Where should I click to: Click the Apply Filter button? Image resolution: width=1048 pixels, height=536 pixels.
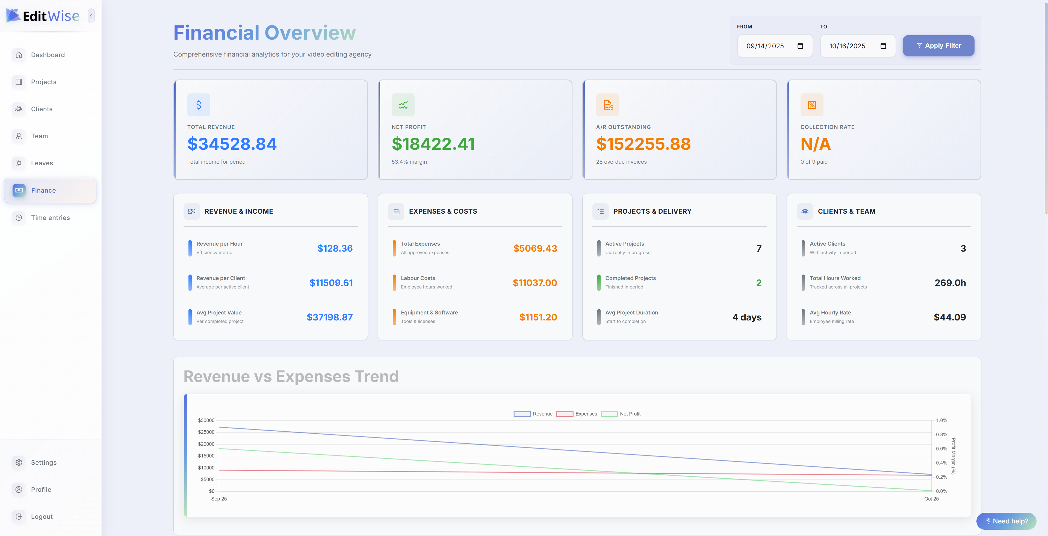pyautogui.click(x=938, y=46)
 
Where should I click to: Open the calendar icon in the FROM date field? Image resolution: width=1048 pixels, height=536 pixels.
pyautogui.click(x=800, y=46)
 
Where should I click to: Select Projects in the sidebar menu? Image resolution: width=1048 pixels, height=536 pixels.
pyautogui.click(x=43, y=82)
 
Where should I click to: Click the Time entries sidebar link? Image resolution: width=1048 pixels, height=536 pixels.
pyautogui.click(x=50, y=218)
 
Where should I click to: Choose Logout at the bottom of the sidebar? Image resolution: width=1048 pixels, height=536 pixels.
pyautogui.click(x=42, y=516)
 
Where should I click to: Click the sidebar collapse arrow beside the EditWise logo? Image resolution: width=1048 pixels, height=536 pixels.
pyautogui.click(x=91, y=16)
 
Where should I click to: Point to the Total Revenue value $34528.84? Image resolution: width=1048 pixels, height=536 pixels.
pyautogui.click(x=232, y=144)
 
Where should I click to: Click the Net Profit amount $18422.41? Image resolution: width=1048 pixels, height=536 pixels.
pyautogui.click(x=433, y=144)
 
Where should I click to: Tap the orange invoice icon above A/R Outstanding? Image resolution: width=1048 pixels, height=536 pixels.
pyautogui.click(x=607, y=105)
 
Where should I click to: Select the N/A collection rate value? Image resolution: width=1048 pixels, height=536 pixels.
pyautogui.click(x=815, y=144)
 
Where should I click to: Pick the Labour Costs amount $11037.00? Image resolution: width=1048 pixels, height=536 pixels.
pyautogui.click(x=535, y=283)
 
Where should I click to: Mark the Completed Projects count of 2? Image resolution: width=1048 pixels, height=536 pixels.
pyautogui.click(x=758, y=283)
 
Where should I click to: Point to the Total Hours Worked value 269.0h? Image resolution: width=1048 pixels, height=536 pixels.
pyautogui.click(x=950, y=283)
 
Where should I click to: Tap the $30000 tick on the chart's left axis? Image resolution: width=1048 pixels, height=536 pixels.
pyautogui.click(x=206, y=420)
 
